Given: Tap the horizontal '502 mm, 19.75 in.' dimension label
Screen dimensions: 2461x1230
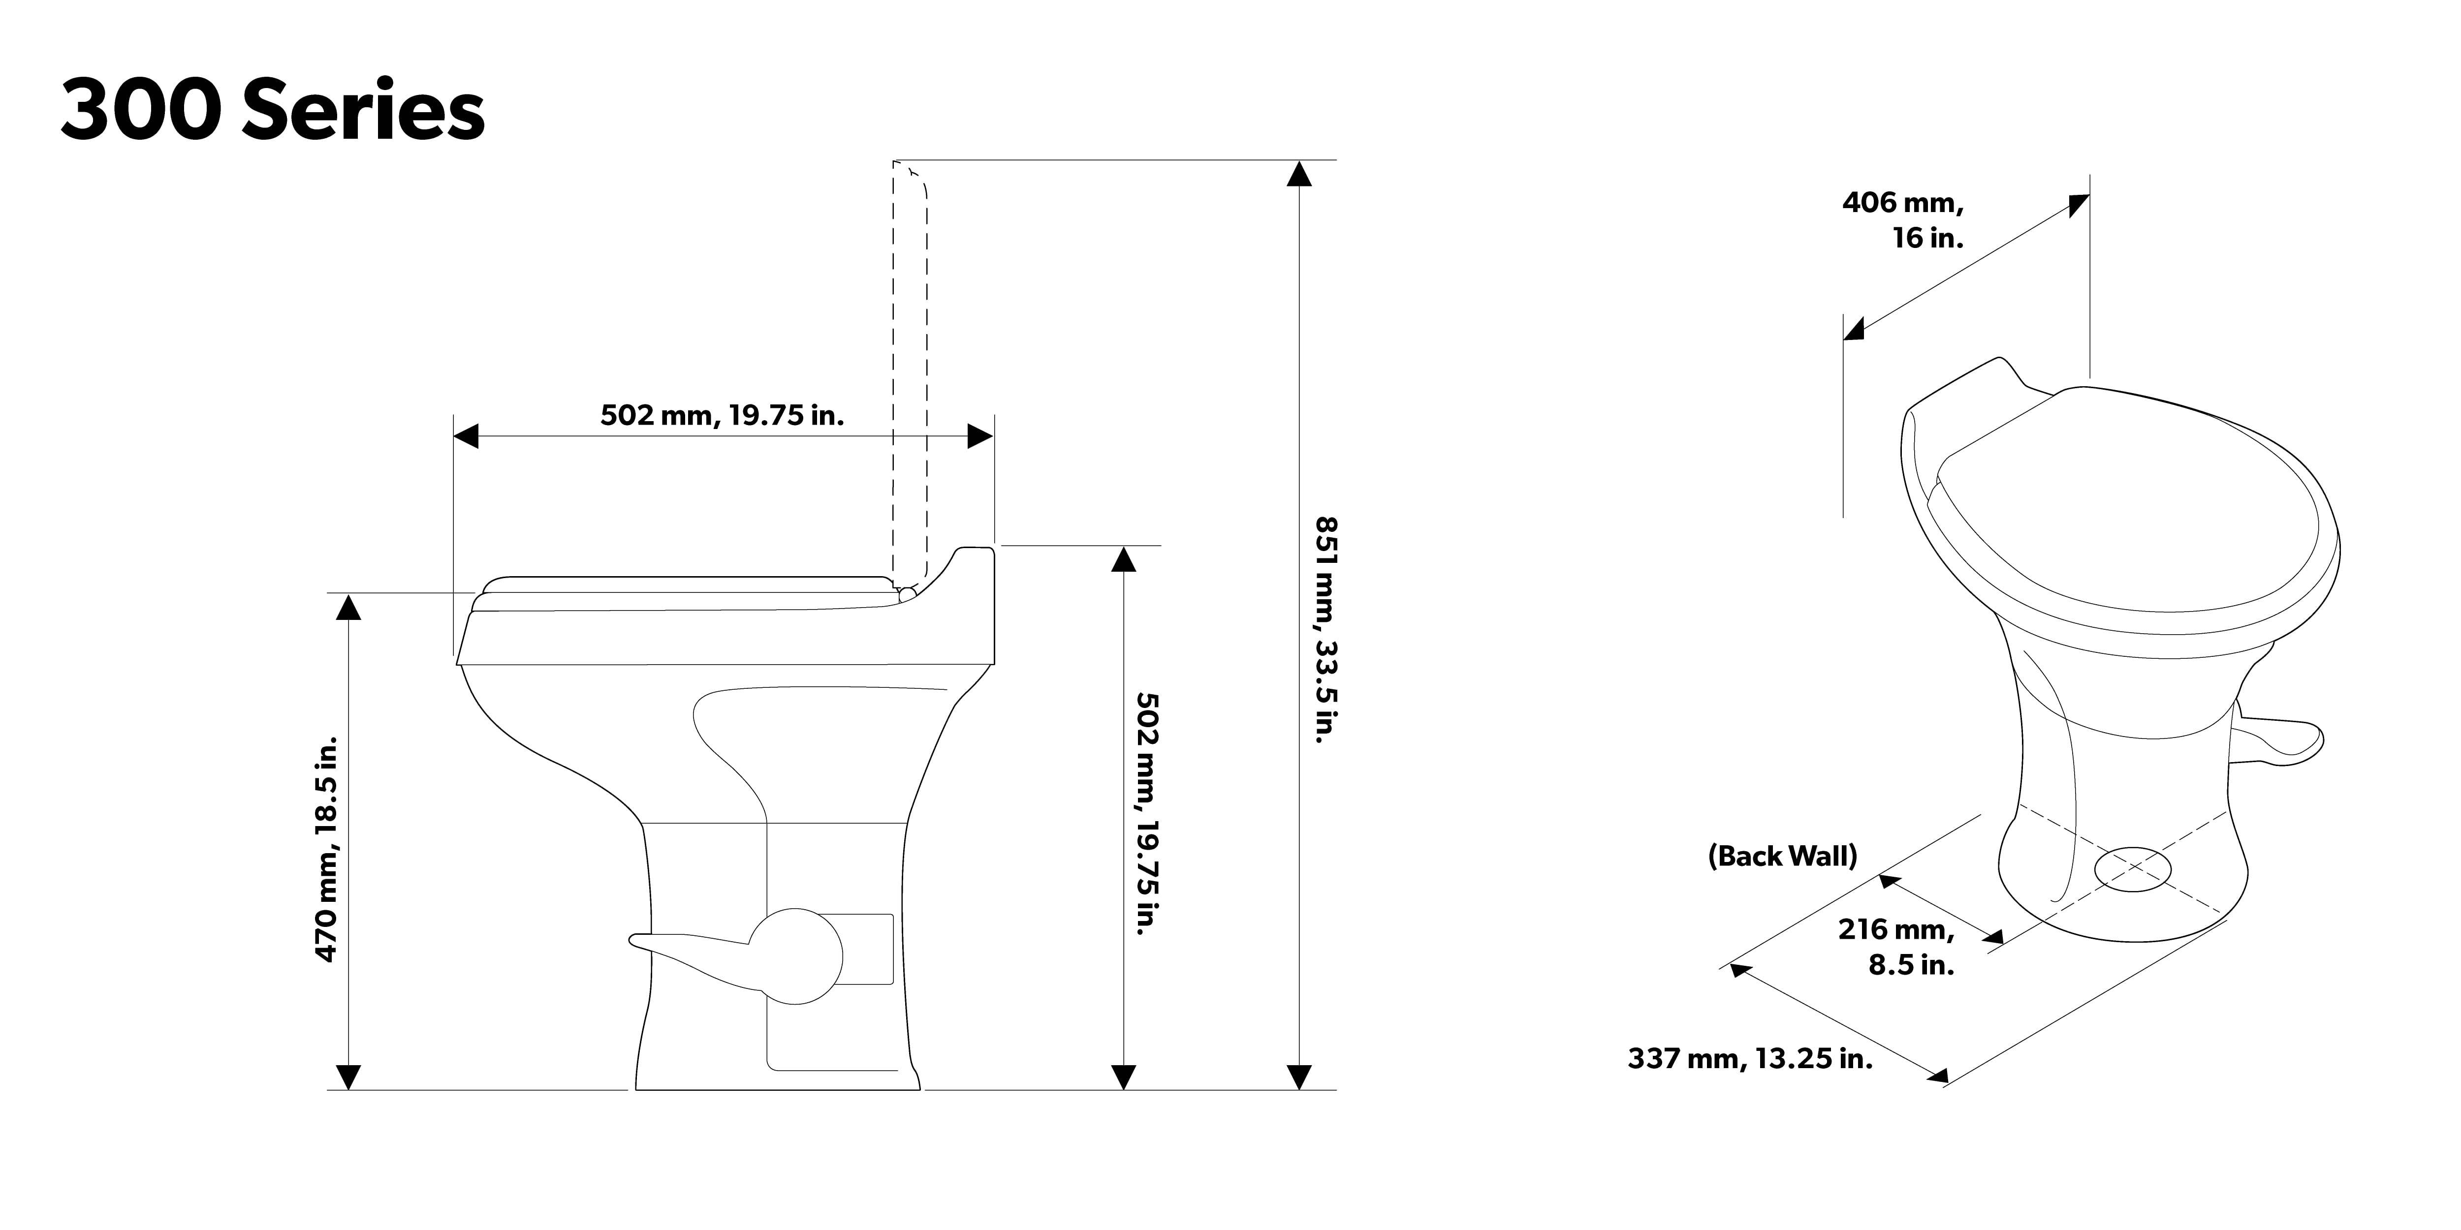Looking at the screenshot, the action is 722,415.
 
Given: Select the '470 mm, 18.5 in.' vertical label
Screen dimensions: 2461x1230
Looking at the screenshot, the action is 327,848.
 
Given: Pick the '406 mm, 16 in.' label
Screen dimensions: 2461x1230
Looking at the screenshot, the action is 1902,219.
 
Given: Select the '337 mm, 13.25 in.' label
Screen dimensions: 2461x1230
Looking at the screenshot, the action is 1750,1058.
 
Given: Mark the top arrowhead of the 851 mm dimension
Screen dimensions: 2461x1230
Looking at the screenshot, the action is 1298,173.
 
